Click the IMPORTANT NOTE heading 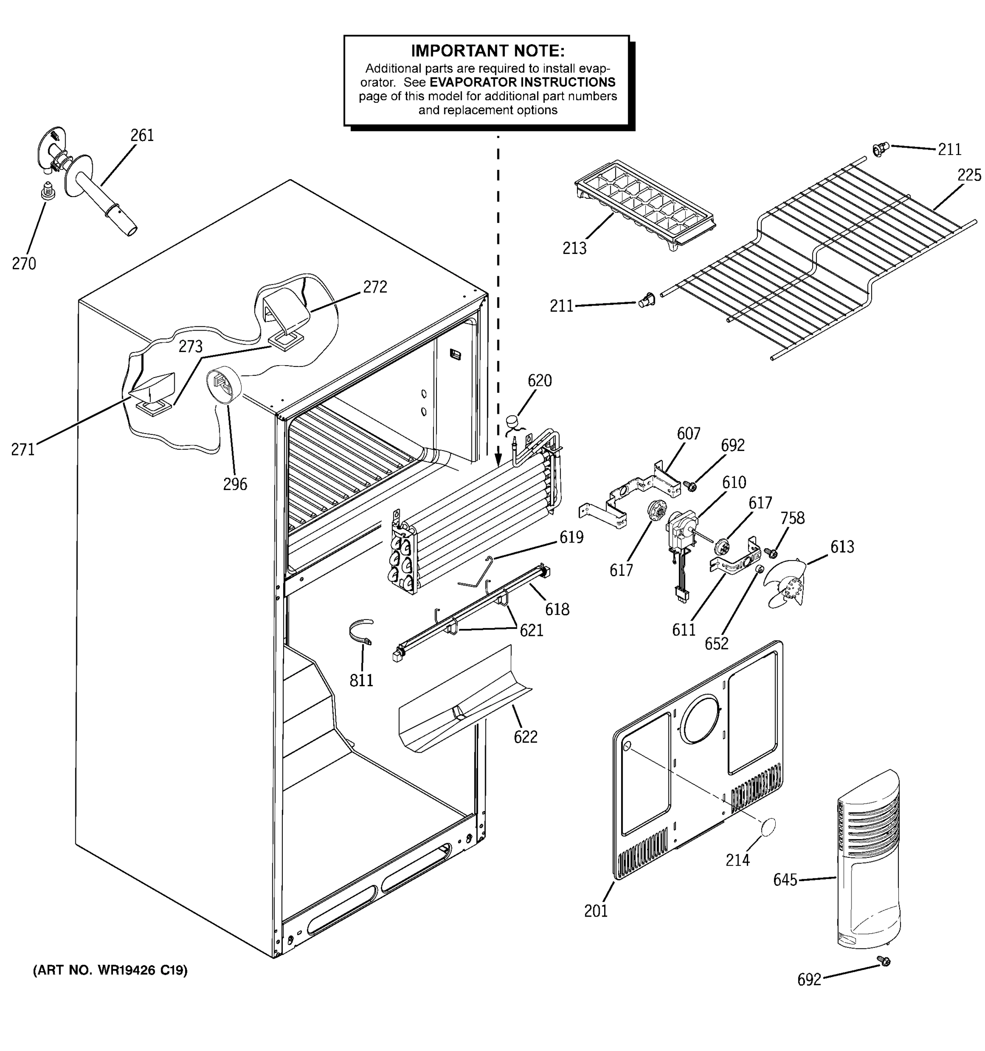click(487, 51)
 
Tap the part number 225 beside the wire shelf click(969, 175)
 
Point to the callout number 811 click(362, 680)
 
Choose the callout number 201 click(595, 911)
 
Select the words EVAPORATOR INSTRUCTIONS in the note click(522, 82)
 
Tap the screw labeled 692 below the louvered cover click(883, 961)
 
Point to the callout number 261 click(142, 136)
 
